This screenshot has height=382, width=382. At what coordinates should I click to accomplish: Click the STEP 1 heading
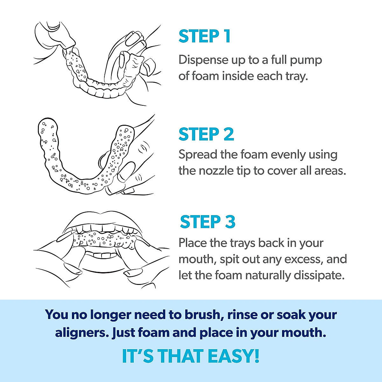click(x=204, y=36)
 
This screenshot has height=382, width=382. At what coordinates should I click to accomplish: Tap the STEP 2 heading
click(x=206, y=134)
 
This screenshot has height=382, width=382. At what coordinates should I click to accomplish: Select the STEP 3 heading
click(x=208, y=222)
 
